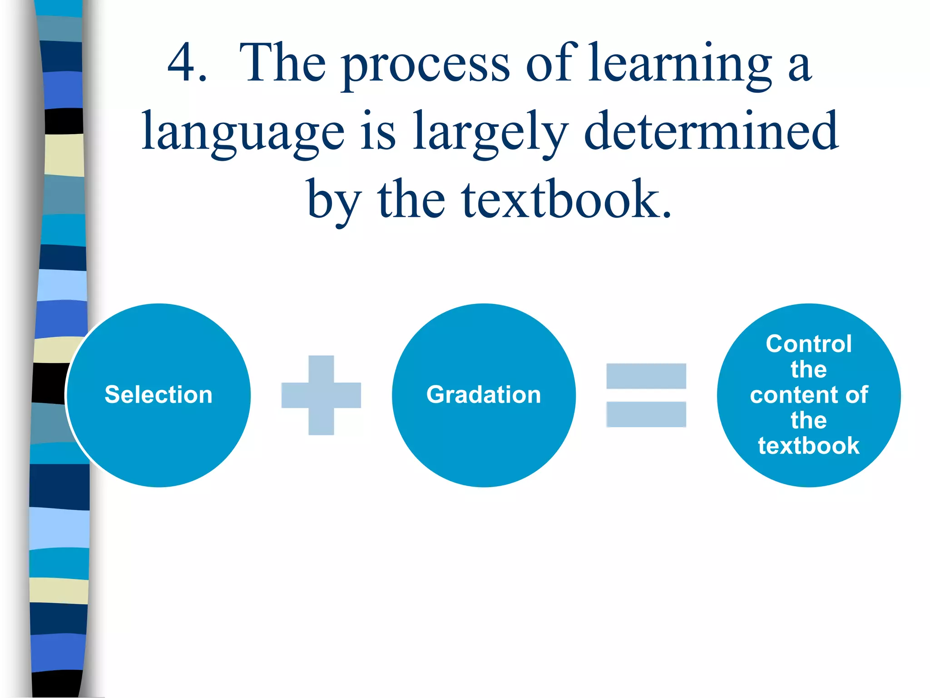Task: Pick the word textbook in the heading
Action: pyautogui.click(x=566, y=200)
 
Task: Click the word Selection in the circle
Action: pyautogui.click(x=158, y=394)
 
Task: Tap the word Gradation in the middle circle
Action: pyautogui.click(x=484, y=394)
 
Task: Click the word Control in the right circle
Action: pyautogui.click(x=809, y=344)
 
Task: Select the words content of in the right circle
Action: pyautogui.click(x=809, y=394)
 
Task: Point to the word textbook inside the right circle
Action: pyautogui.click(x=809, y=446)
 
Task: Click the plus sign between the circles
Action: pyautogui.click(x=321, y=395)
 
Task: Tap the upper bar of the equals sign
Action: pyautogui.click(x=646, y=376)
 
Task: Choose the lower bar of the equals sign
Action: pyautogui.click(x=646, y=414)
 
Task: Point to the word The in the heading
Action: pyautogui.click(x=282, y=64)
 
